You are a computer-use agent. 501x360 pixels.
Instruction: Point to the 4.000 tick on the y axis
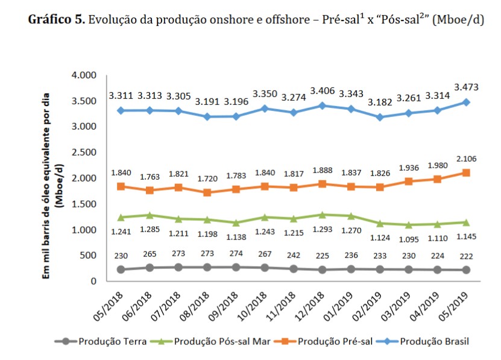tap(85, 75)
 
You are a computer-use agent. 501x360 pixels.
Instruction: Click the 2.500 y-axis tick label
tap(85, 153)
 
